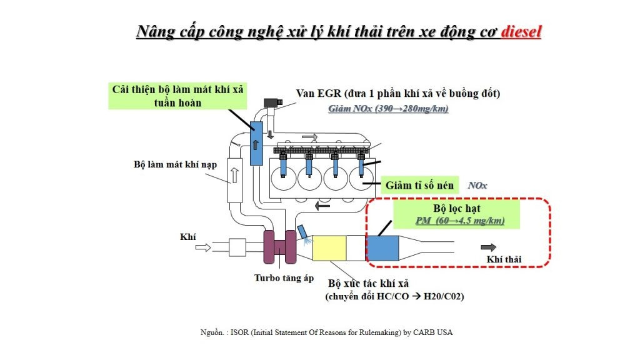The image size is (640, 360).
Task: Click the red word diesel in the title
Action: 521,31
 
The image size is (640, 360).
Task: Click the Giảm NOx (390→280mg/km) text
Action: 388,109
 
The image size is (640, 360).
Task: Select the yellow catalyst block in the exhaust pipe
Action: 329,248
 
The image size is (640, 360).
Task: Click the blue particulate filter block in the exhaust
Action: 382,248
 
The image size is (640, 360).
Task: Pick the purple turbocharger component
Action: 279,246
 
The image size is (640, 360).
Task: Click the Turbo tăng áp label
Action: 284,277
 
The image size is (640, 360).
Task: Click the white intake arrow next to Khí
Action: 204,247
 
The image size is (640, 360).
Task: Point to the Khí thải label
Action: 504,259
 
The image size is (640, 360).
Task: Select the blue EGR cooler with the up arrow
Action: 256,143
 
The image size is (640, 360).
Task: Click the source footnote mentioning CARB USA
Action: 323,332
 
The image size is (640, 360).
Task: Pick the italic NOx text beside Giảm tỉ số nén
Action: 477,186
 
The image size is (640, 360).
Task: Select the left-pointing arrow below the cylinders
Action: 322,204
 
